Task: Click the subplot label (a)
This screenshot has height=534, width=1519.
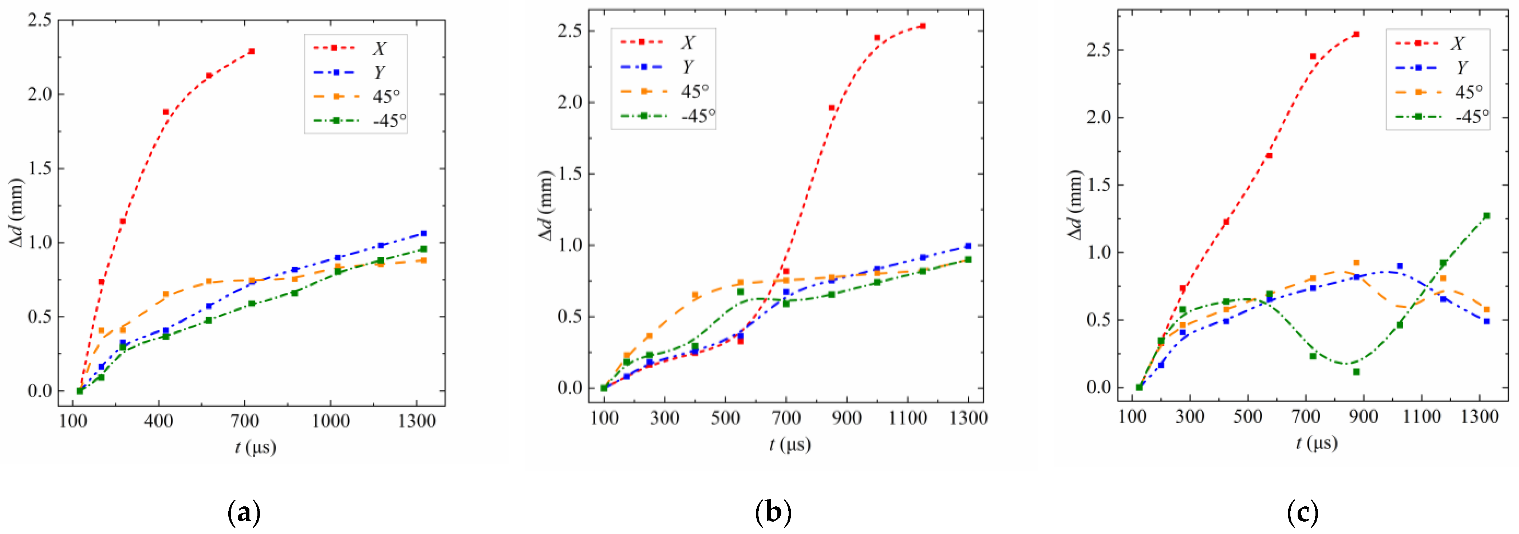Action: (x=244, y=513)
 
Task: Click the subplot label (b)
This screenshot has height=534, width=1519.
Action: (x=773, y=513)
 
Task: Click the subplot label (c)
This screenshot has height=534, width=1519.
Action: (x=1302, y=513)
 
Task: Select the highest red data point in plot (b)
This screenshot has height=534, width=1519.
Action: (x=922, y=26)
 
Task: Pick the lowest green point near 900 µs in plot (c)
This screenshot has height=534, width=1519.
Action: (x=1356, y=372)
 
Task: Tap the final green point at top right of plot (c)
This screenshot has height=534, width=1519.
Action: (x=1487, y=216)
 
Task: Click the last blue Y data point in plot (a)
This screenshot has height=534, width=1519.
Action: (x=423, y=234)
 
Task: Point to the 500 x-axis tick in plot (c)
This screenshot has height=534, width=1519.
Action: (x=1247, y=417)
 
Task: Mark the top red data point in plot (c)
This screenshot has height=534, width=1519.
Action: (x=1356, y=51)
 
